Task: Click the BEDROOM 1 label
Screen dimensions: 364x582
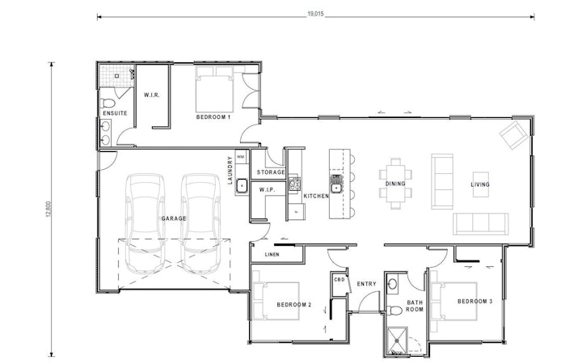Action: tap(213, 117)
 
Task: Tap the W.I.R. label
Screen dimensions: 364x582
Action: tap(151, 95)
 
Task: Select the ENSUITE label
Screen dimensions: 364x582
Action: tap(114, 113)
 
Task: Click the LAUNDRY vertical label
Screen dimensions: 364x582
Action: tap(230, 171)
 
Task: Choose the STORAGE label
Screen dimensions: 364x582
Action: tap(271, 172)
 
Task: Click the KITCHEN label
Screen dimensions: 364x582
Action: tap(316, 196)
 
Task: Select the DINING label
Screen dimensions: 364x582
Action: tap(394, 184)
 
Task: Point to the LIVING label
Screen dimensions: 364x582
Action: tap(482, 184)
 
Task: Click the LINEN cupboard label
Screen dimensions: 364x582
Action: tap(272, 256)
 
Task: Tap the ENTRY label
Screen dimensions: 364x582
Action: tap(367, 284)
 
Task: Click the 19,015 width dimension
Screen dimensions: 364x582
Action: tap(316, 14)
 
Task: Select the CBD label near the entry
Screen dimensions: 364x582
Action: tap(339, 280)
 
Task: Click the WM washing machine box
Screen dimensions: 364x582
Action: tap(241, 156)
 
